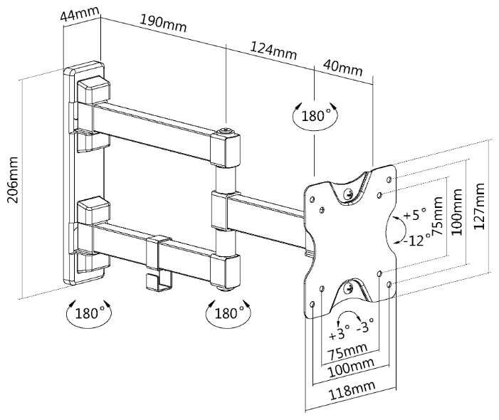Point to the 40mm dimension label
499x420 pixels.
342,70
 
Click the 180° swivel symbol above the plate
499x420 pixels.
315,115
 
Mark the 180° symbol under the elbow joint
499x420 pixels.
226,313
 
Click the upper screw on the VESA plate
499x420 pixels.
348,193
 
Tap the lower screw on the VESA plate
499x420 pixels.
347,288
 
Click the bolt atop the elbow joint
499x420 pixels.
227,132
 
